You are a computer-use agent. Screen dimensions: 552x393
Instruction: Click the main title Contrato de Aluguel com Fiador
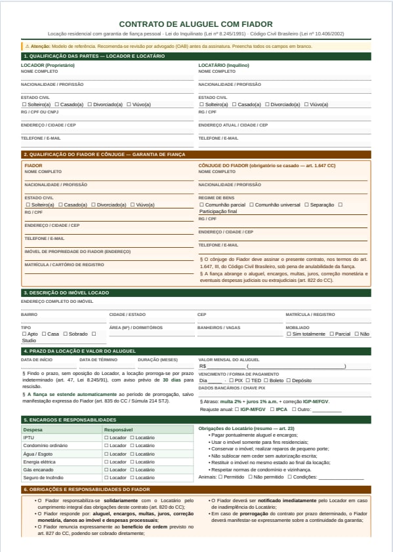click(x=196, y=24)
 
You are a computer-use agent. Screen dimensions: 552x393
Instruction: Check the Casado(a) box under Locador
click(x=58, y=104)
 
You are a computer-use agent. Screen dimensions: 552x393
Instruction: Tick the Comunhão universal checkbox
click(x=251, y=205)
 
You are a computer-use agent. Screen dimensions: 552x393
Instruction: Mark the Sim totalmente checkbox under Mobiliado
click(x=289, y=334)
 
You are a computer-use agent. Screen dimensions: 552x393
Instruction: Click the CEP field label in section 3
click(x=202, y=314)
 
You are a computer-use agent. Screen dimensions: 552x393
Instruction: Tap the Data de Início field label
click(x=37, y=359)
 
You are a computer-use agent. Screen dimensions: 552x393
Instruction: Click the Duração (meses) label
click(x=157, y=359)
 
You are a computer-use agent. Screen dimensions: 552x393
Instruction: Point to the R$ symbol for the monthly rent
click(x=203, y=366)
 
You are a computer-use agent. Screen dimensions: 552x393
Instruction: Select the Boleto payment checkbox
click(x=266, y=380)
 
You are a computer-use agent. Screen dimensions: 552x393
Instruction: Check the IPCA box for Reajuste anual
click(x=272, y=409)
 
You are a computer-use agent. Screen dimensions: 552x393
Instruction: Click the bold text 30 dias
click(x=172, y=380)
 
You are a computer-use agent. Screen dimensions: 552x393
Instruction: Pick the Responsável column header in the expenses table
click(x=119, y=429)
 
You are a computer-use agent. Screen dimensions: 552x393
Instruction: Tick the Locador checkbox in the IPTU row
click(x=106, y=437)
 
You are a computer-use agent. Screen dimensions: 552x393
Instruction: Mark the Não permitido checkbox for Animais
click(x=249, y=477)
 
